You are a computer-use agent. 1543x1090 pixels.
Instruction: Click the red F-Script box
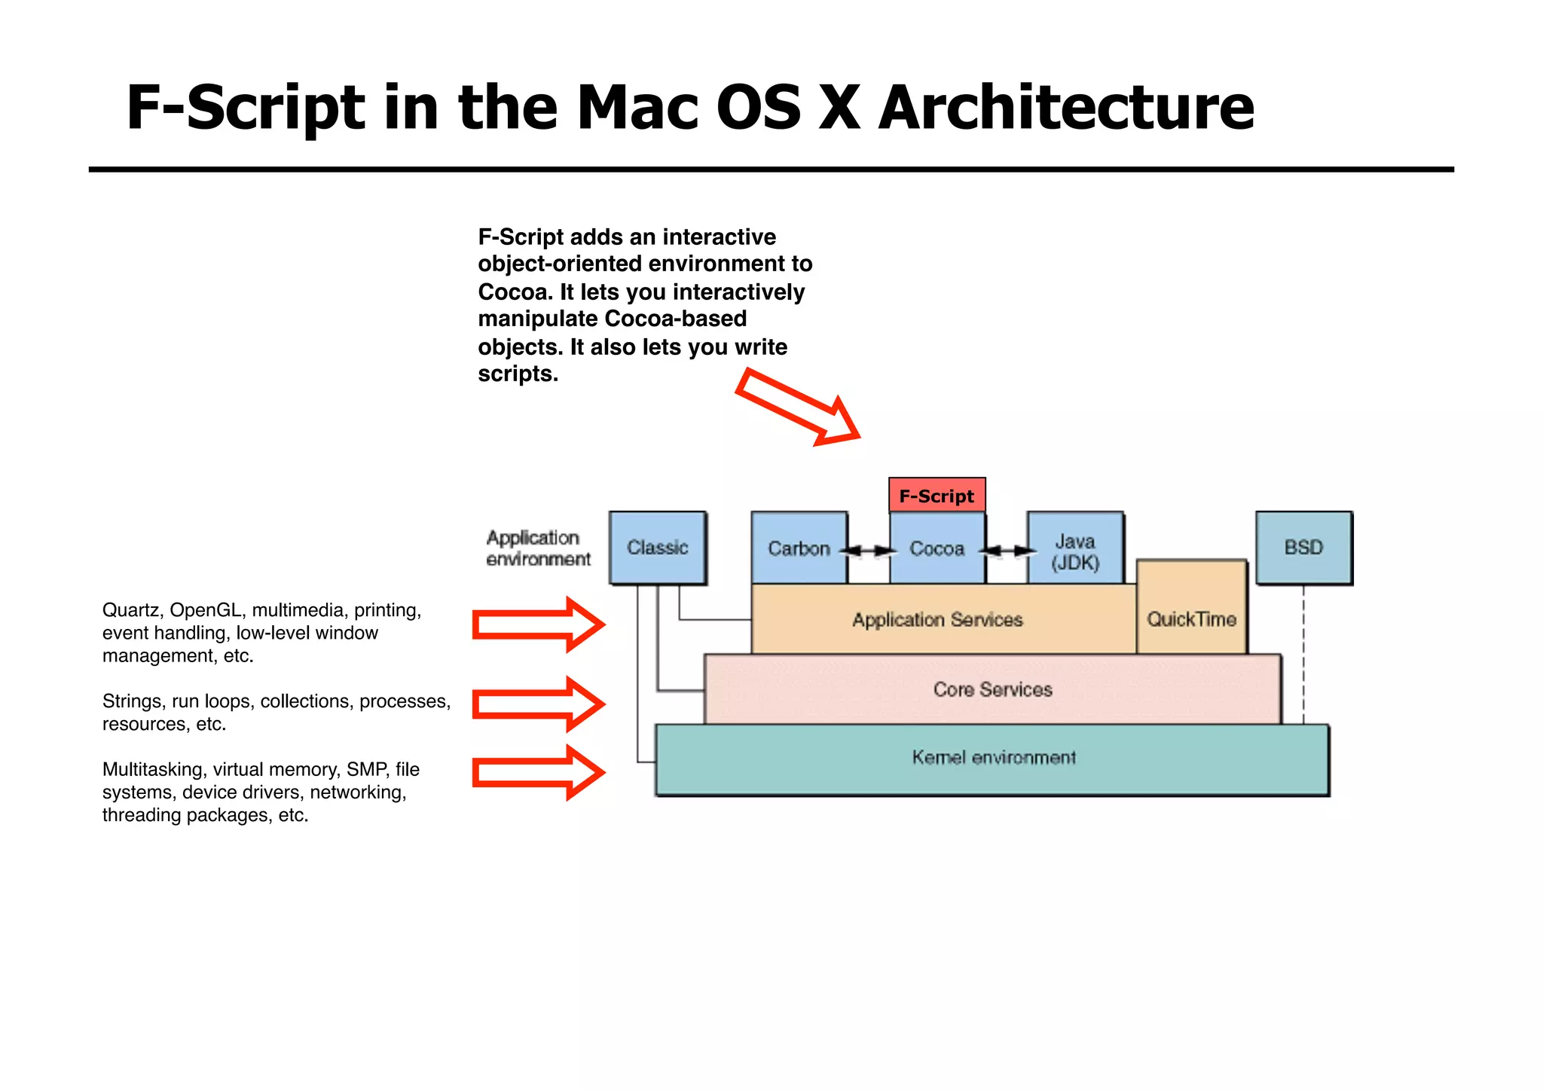tap(936, 496)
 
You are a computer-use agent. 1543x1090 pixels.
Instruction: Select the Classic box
tap(658, 548)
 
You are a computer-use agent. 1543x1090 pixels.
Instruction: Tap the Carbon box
tap(799, 548)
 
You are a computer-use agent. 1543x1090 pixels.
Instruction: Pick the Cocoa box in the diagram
tap(936, 548)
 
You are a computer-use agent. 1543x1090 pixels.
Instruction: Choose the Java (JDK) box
tap(1075, 551)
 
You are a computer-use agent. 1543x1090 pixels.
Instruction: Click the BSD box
tap(1303, 548)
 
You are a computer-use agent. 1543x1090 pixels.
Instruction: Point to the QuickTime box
tap(1191, 618)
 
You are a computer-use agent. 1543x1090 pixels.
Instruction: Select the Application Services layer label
tap(937, 620)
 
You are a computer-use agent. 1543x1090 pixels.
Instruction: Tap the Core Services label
tap(992, 689)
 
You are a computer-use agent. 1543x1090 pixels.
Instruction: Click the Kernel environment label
tap(993, 757)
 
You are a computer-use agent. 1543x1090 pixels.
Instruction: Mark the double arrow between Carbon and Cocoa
tap(869, 551)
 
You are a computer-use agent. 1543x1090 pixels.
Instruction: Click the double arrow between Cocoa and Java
tap(1007, 551)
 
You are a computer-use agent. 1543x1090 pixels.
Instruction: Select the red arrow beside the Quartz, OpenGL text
tap(538, 624)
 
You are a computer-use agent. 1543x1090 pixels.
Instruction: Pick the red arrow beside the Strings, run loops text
tap(538, 704)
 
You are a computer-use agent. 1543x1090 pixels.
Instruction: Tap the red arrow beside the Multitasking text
tap(538, 772)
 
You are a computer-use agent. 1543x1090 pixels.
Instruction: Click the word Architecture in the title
tap(1065, 107)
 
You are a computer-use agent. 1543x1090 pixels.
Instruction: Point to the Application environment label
tap(538, 548)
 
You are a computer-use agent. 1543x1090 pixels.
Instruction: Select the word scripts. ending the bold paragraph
tap(518, 374)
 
